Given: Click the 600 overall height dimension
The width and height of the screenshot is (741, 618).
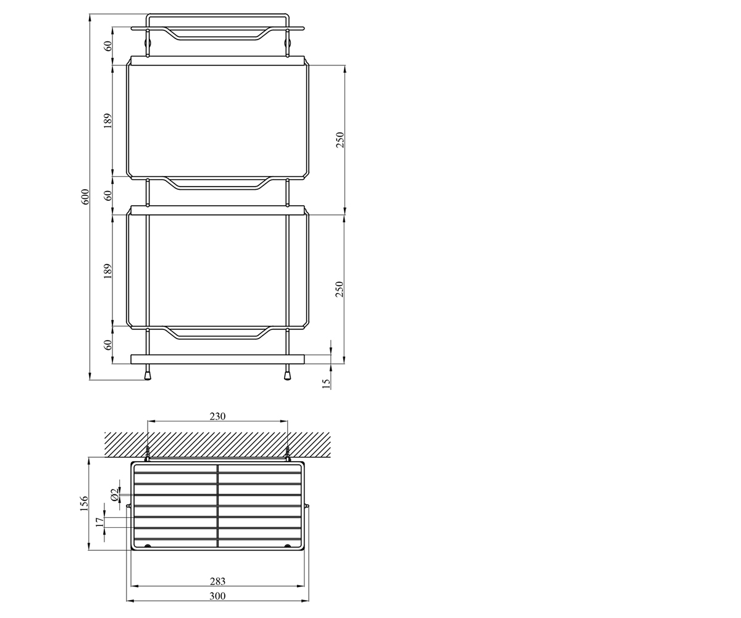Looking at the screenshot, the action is click(x=85, y=197).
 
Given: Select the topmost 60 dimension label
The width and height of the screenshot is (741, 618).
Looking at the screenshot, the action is click(x=108, y=46).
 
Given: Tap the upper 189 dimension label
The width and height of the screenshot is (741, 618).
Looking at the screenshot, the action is click(x=108, y=121).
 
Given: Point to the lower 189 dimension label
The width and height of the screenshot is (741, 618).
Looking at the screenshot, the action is click(x=108, y=271).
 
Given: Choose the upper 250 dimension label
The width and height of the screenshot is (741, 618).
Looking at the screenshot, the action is click(x=340, y=140).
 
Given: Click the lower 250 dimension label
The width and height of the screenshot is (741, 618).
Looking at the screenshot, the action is click(x=340, y=289).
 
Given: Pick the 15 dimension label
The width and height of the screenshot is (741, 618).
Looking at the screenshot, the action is click(x=326, y=384).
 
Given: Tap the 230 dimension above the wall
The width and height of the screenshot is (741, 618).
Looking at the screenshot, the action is click(x=217, y=417).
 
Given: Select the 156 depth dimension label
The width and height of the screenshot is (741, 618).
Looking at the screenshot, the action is click(x=84, y=504).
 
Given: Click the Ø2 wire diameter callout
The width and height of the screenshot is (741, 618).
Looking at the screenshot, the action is click(x=114, y=494).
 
